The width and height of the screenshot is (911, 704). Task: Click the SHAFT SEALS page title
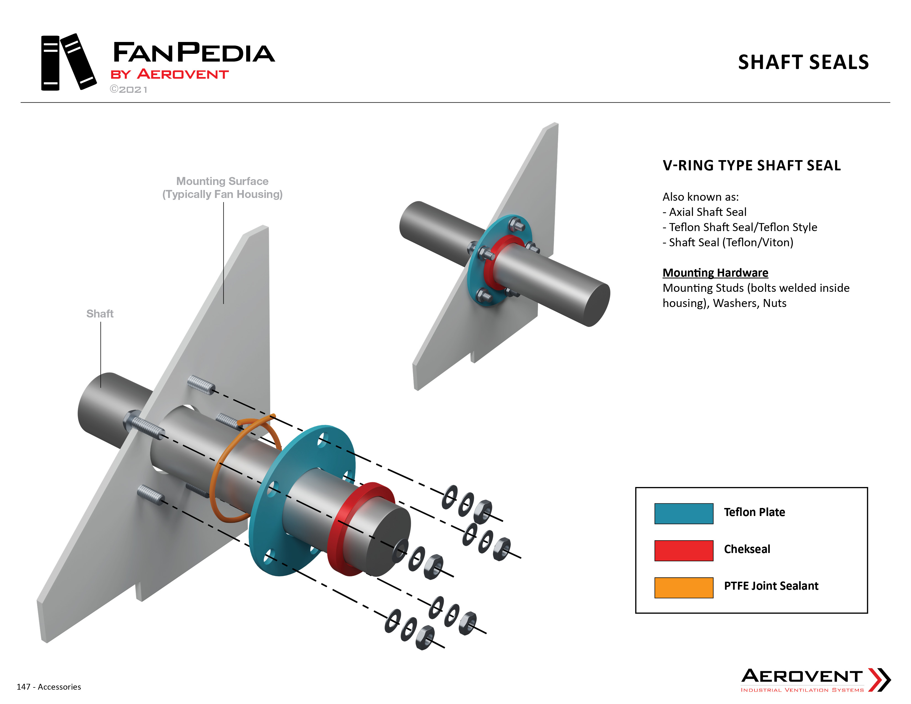tap(803, 62)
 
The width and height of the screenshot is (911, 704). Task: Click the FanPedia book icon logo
tap(69, 62)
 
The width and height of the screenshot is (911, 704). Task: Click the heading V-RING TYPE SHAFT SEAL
tap(752, 166)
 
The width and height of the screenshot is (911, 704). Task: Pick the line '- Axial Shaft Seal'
tap(705, 212)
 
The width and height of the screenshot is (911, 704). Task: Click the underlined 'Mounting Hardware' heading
tap(715, 273)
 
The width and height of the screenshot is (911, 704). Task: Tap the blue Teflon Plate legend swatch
tap(684, 514)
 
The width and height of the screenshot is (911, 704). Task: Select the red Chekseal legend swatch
tap(684, 551)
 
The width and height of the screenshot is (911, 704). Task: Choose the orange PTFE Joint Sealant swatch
tap(684, 588)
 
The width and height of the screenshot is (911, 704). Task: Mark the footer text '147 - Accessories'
tap(49, 687)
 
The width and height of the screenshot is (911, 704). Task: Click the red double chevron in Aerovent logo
tap(879, 680)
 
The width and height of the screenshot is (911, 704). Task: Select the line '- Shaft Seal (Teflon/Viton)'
tap(728, 242)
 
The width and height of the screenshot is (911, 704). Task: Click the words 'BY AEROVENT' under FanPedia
tap(169, 74)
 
